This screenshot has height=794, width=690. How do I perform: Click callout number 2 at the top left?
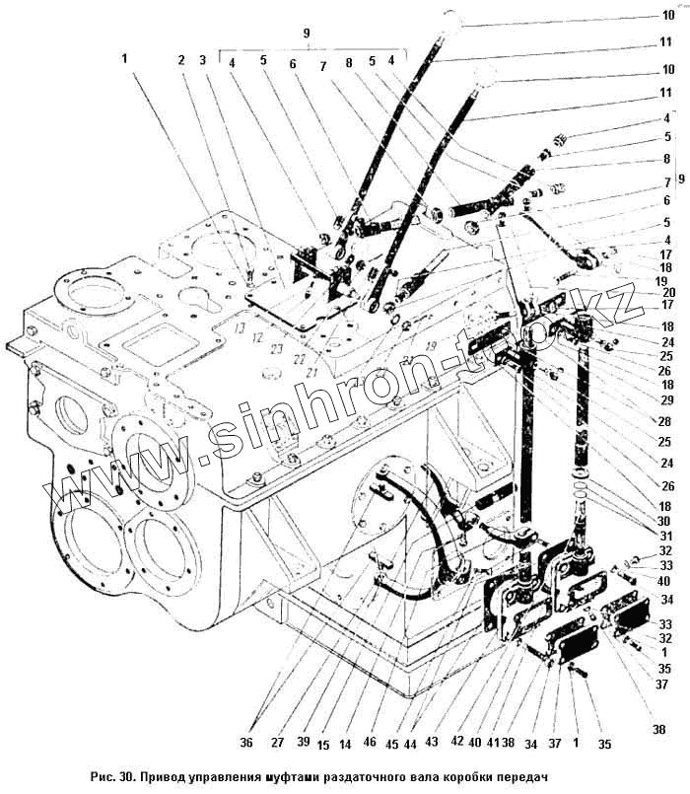tap(181, 60)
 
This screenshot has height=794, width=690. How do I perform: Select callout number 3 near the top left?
tap(202, 60)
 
